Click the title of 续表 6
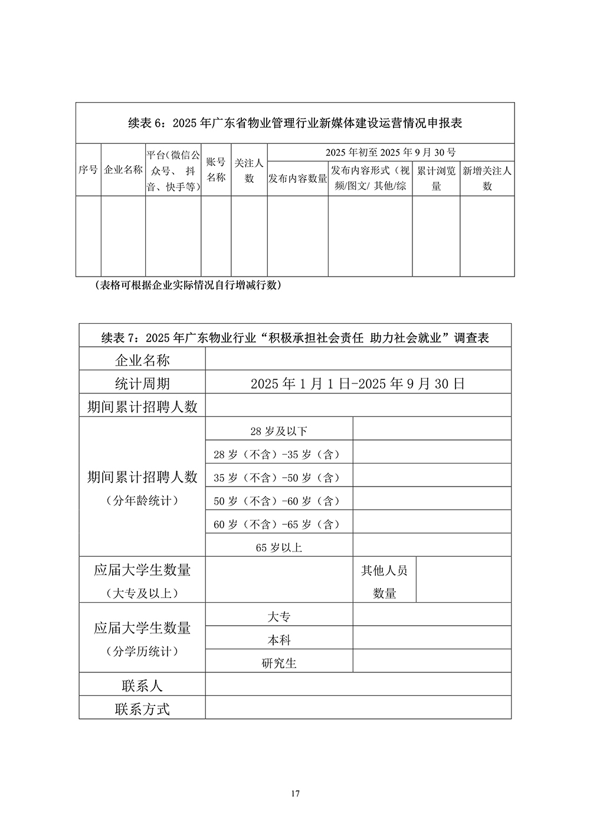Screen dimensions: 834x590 [295, 123]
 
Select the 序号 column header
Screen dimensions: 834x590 [88, 170]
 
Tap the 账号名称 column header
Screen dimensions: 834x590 [216, 170]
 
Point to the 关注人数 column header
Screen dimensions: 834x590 [249, 170]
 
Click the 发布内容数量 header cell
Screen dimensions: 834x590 [298, 178]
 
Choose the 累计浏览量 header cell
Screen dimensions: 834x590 [436, 178]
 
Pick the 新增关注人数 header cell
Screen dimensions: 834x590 [487, 178]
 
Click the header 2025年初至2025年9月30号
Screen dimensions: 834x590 [391, 152]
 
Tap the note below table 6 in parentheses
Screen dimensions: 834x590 [188, 285]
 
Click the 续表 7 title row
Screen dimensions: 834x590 [295, 337]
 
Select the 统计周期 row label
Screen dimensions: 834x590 [142, 383]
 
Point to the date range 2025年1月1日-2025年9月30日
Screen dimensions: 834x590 [358, 383]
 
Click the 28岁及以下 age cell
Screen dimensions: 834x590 [279, 431]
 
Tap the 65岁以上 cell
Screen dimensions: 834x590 [279, 547]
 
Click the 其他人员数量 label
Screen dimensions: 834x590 [385, 582]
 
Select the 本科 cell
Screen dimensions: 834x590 [279, 640]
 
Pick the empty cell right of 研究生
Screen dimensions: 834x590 [432, 663]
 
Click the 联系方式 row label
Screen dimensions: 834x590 [142, 709]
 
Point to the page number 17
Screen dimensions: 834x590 [296, 794]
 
